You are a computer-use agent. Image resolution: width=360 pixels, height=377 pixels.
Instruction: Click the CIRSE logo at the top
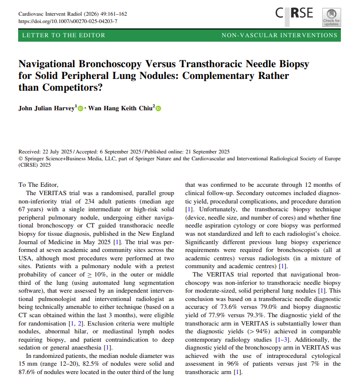(294, 13)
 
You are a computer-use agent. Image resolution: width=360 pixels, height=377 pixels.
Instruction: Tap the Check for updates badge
(331, 16)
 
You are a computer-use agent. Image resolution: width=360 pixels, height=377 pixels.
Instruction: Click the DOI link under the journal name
(68, 21)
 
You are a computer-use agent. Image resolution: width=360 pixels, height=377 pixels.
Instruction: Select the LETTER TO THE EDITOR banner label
(64, 35)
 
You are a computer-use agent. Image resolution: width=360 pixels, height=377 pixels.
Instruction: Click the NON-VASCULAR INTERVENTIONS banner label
(279, 35)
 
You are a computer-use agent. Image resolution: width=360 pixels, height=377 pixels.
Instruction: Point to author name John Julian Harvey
(47, 108)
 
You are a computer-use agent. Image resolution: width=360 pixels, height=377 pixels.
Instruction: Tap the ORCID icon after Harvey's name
(81, 108)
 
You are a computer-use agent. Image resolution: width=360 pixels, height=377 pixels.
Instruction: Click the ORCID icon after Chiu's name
(158, 108)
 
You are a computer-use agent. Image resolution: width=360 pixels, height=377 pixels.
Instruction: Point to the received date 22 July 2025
(60, 152)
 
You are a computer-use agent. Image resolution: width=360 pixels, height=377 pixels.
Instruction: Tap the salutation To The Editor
(38, 185)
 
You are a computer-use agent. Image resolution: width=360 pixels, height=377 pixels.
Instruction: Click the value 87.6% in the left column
(28, 373)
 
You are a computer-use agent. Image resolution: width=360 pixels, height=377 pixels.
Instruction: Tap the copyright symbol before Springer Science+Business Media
(20, 159)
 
